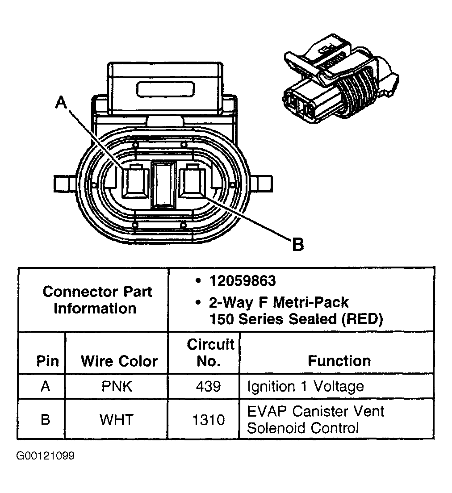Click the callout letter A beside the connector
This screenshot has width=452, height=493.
pyautogui.click(x=61, y=103)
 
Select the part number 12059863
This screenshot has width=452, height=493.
pyautogui.click(x=243, y=281)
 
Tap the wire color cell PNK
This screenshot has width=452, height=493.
pyautogui.click(x=117, y=386)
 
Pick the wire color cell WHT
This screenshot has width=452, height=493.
pyautogui.click(x=117, y=420)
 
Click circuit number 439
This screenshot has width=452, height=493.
pyautogui.click(x=208, y=386)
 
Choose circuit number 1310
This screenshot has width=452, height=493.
pyautogui.click(x=208, y=420)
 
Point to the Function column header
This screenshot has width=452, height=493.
pyautogui.click(x=339, y=361)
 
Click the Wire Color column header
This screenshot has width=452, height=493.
pyautogui.click(x=119, y=361)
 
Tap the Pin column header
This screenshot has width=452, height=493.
pyautogui.click(x=48, y=361)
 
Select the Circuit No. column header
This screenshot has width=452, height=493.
pyautogui.click(x=210, y=353)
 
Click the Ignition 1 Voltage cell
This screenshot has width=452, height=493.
pyautogui.click(x=306, y=386)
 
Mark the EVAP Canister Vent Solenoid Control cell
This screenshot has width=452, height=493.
pyautogui.click(x=315, y=420)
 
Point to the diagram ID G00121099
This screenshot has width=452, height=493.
pyautogui.click(x=45, y=456)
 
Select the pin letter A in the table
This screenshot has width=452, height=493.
pyautogui.click(x=45, y=386)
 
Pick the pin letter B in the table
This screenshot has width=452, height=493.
pyautogui.click(x=45, y=420)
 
